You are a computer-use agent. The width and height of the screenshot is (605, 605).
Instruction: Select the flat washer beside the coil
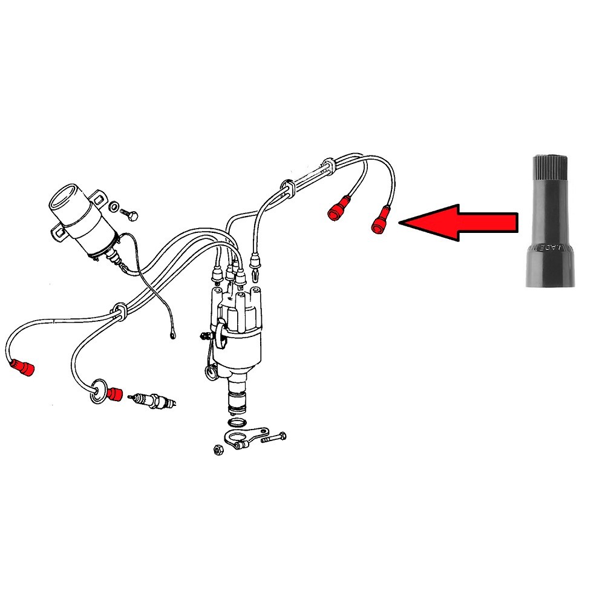point(113,206)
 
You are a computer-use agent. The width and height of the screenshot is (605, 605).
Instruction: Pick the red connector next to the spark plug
point(114,394)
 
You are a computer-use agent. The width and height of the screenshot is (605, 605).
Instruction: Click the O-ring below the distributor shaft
point(238,421)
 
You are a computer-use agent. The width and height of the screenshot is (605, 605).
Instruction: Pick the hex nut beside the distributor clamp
point(217,449)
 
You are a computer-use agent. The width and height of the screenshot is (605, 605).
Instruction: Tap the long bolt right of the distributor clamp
point(273,437)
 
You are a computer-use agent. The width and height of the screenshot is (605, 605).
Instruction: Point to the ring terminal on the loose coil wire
point(173,333)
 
